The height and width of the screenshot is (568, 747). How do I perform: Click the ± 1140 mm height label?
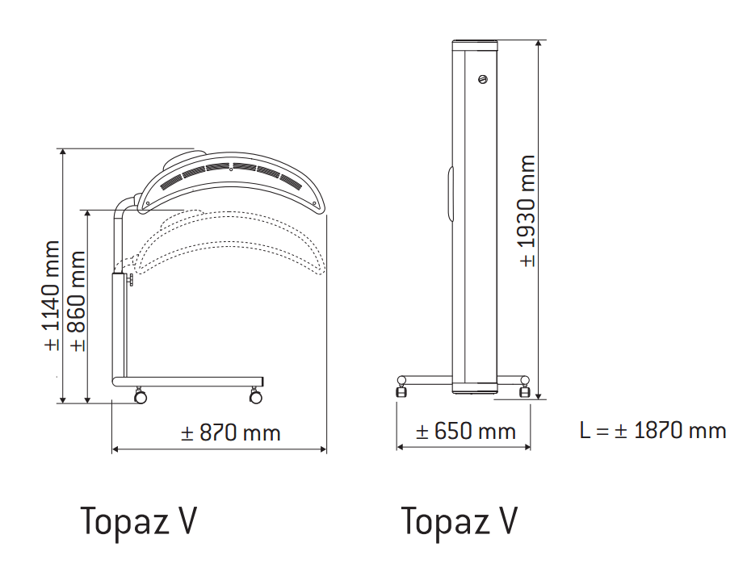pos(52,294)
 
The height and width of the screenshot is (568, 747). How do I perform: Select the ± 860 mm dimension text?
pos(78,300)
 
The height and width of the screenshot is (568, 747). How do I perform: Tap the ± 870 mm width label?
pos(231,433)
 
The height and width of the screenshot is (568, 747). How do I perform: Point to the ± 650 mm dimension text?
pos(465,432)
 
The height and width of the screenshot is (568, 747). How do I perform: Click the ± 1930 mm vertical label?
pos(527,211)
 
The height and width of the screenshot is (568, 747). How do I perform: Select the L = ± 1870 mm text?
pos(653,430)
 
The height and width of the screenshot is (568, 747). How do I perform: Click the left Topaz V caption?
pos(138,522)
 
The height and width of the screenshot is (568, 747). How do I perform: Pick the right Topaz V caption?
pos(459,522)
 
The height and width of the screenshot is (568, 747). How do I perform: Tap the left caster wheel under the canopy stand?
pos(141,397)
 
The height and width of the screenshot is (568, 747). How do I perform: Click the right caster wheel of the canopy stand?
pos(256,397)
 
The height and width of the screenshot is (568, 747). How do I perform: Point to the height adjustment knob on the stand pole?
pos(130,279)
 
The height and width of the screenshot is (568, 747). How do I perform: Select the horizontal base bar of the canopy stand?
pos(190,381)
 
